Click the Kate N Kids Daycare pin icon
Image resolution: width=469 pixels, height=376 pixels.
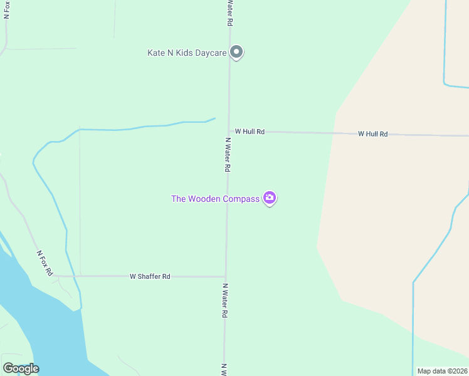(236, 52)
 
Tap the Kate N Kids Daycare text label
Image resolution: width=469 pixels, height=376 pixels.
(186, 53)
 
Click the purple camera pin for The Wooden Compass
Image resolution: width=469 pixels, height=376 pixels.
(270, 198)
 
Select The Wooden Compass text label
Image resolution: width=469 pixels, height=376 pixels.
(215, 199)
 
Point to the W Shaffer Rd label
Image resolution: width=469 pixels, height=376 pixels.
(150, 276)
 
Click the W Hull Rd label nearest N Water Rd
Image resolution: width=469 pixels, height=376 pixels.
(250, 132)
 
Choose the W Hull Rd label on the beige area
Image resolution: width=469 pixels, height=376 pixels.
(372, 134)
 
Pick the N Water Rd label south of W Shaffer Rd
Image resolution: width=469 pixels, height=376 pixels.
(224, 300)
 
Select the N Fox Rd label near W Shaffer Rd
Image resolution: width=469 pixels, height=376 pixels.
(44, 263)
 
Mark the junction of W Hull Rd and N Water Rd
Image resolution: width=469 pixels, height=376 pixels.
(229, 132)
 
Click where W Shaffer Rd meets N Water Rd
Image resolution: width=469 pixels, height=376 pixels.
(226, 276)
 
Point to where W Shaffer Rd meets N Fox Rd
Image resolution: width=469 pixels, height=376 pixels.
(55, 275)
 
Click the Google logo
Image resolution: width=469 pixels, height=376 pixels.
(21, 368)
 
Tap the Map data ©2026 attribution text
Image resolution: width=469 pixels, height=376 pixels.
(442, 371)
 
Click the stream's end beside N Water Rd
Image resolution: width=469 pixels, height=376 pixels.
(214, 118)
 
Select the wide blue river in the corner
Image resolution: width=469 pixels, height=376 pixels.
(38, 326)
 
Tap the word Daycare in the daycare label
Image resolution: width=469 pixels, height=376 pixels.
(209, 53)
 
